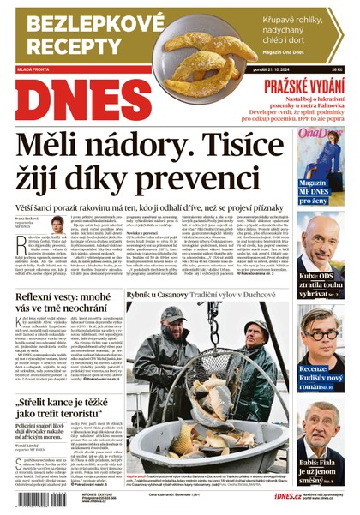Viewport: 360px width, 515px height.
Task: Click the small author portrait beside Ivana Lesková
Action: [57, 226]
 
